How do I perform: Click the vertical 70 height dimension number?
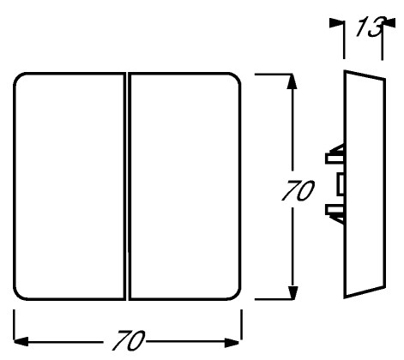click(298, 190)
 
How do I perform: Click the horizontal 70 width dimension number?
click(129, 340)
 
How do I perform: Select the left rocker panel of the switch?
click(69, 186)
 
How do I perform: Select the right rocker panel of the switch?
click(184, 186)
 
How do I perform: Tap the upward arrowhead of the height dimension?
click(292, 81)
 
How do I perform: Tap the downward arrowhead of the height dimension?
click(292, 291)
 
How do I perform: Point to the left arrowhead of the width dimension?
click(21, 341)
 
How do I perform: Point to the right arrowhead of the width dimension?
click(232, 343)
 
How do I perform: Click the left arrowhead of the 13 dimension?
click(336, 23)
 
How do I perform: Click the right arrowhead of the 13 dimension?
click(389, 23)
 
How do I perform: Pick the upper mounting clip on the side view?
click(335, 155)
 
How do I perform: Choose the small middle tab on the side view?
click(341, 184)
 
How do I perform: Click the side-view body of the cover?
click(365, 184)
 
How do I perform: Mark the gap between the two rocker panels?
click(127, 186)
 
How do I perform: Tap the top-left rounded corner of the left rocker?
click(18, 78)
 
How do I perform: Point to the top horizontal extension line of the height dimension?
click(273, 74)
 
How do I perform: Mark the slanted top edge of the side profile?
click(365, 75)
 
